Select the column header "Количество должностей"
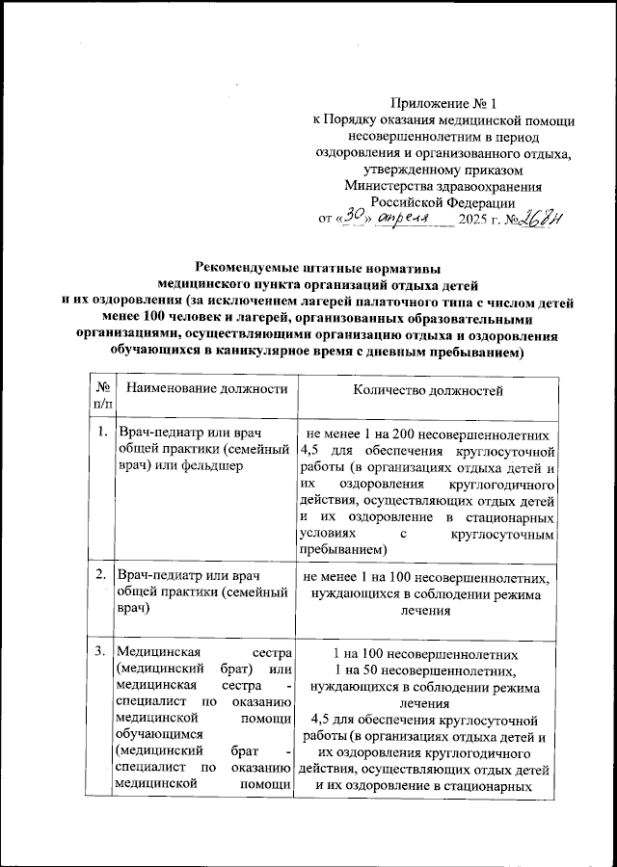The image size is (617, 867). pos(429,389)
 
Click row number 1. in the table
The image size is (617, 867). pos(100,432)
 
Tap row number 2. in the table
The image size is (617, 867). pos(100,575)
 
